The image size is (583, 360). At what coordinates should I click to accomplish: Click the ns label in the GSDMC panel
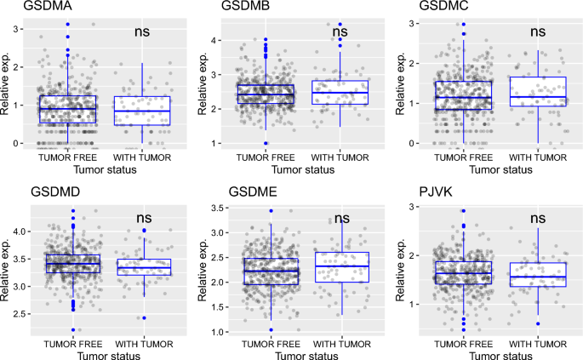pyautogui.click(x=538, y=31)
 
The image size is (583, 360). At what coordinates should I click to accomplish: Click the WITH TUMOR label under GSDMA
pyautogui.click(x=142, y=157)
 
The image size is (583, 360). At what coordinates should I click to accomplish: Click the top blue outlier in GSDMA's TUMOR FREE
pyautogui.click(x=67, y=24)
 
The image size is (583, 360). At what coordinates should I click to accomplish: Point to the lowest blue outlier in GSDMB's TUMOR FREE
pyautogui.click(x=265, y=143)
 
